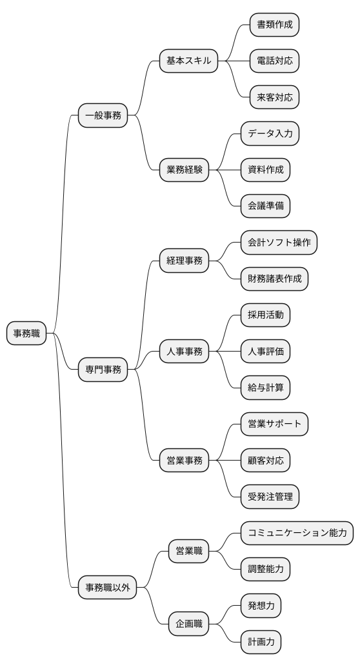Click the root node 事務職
26,333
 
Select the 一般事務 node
103,116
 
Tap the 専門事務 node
103,370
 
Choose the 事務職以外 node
107,588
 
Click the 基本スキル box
188,61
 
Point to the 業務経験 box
184,170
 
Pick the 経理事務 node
184,261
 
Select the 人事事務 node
184,352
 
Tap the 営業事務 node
184,461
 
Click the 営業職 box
188,551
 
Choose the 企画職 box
188,624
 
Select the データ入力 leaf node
270,134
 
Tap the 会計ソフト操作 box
279,243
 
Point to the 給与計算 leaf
265,388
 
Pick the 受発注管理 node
270,497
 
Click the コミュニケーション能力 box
297,533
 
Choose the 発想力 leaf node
261,606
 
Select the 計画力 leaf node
261,642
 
